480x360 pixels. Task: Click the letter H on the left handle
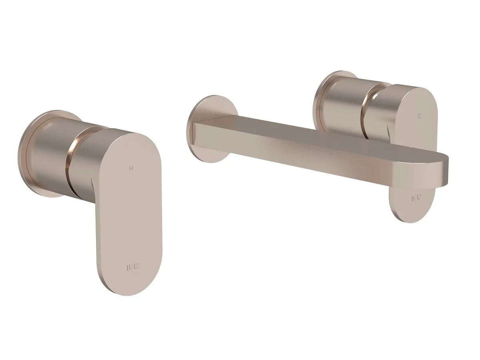click(x=131, y=168)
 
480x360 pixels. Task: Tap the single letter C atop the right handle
click(x=419, y=116)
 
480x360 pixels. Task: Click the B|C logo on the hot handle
click(x=132, y=267)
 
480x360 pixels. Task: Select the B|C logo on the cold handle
click(x=416, y=198)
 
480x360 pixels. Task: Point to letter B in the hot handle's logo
click(x=128, y=267)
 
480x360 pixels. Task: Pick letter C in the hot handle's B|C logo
click(x=136, y=266)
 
